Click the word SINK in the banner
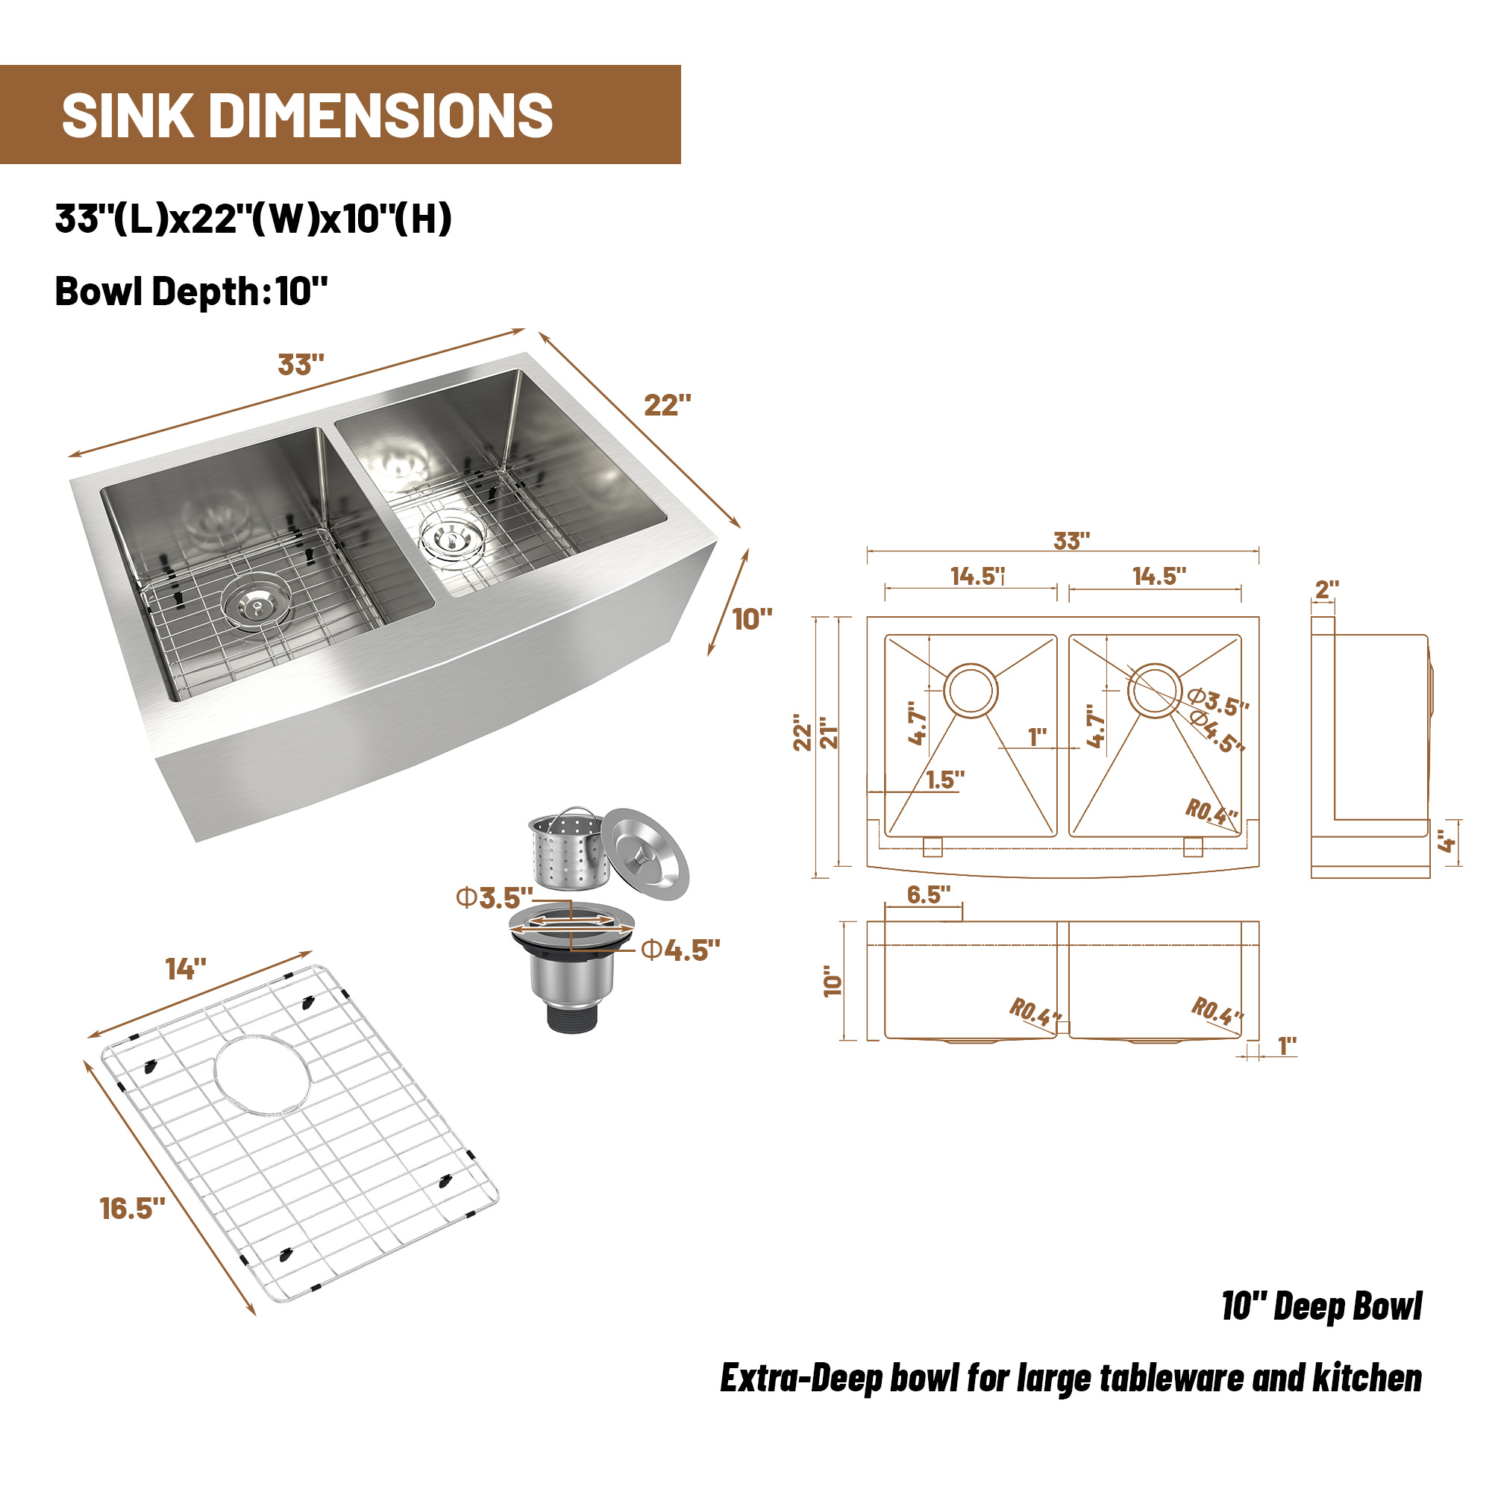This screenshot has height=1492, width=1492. [x=128, y=116]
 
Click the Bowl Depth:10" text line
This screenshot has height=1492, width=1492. [x=191, y=292]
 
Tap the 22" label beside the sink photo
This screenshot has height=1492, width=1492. [x=667, y=405]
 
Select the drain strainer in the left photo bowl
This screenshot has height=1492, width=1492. [x=257, y=602]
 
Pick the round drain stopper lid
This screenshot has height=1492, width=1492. [x=645, y=853]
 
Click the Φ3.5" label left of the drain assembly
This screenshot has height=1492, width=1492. [x=495, y=898]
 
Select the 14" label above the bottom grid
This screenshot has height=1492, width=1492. [x=185, y=969]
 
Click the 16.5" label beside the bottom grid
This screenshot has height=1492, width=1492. [x=132, y=1209]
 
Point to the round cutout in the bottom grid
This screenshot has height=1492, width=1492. [x=263, y=1073]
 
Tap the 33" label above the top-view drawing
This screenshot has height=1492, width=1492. [x=1072, y=542]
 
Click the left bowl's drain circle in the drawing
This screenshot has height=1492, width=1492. [x=971, y=689]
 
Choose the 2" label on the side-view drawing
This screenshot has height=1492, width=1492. [x=1326, y=590]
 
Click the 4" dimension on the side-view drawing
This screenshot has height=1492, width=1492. [x=1446, y=842]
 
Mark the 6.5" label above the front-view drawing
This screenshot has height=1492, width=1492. [x=928, y=895]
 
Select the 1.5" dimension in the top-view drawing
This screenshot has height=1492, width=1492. [x=945, y=781]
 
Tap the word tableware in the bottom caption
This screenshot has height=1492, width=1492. [x=1169, y=1379]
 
